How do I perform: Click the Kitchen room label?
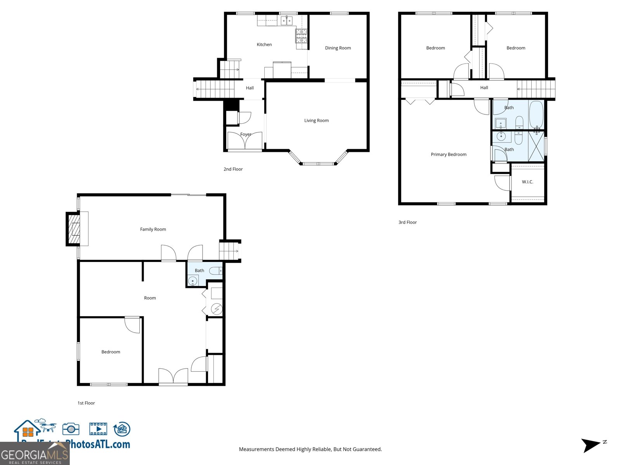(264, 45)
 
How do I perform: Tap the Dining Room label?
(338, 48)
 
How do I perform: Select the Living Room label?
(316, 121)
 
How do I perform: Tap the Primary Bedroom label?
(448, 154)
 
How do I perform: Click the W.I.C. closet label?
(527, 182)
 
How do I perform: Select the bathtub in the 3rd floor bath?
(536, 114)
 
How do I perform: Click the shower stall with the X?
(536, 146)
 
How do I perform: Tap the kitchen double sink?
(286, 21)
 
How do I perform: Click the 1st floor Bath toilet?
(215, 271)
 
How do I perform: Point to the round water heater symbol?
(217, 309)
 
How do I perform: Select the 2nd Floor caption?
(233, 169)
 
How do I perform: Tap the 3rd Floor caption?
(408, 222)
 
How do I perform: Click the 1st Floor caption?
(86, 403)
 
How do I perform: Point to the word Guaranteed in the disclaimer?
(367, 449)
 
